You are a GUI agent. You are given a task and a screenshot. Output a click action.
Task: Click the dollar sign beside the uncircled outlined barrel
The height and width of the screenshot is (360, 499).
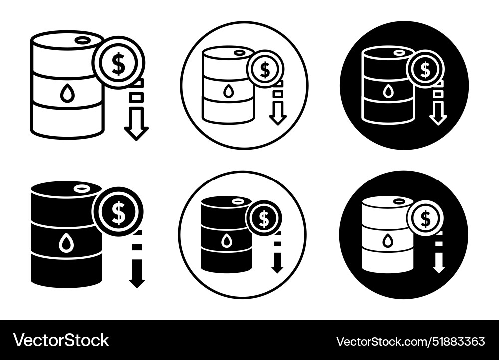pyautogui.click(x=118, y=63)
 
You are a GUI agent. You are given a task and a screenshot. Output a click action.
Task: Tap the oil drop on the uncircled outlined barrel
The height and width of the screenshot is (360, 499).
pyautogui.click(x=66, y=94)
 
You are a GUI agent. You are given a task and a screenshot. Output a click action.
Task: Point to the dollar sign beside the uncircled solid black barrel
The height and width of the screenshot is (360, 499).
pyautogui.click(x=118, y=212)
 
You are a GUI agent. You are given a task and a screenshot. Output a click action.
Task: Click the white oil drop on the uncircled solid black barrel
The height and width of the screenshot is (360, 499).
pyautogui.click(x=66, y=244)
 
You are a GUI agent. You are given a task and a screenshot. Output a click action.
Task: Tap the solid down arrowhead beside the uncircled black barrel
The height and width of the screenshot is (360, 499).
pyautogui.click(x=136, y=282)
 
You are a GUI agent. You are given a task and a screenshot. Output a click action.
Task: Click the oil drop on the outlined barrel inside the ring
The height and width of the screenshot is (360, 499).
pyautogui.click(x=228, y=91)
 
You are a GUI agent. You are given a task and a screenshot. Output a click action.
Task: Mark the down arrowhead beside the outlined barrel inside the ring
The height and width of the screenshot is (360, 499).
pyautogui.click(x=278, y=119)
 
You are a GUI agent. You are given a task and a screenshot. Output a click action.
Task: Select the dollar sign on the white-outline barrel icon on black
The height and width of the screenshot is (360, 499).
pyautogui.click(x=425, y=69)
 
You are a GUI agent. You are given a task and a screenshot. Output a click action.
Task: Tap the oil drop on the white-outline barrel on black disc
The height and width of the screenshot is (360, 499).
pyautogui.click(x=388, y=92)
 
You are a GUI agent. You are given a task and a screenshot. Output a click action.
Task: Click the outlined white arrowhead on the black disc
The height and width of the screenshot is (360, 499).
pyautogui.click(x=438, y=119)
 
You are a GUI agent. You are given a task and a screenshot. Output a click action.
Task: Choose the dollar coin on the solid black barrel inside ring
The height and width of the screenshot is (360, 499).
pyautogui.click(x=264, y=218)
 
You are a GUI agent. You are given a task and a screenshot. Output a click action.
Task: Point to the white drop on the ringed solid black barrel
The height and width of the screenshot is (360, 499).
pyautogui.click(x=227, y=241)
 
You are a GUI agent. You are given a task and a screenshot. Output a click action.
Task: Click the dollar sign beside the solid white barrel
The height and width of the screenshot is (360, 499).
pyautogui.click(x=425, y=218)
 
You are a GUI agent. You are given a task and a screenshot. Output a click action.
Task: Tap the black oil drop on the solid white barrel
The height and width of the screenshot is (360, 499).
pyautogui.click(x=388, y=241)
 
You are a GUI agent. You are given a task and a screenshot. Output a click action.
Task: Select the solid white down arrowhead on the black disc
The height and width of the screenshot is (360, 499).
pyautogui.click(x=438, y=268)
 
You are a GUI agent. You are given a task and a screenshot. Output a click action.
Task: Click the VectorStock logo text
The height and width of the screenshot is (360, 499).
pyautogui.click(x=61, y=340)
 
